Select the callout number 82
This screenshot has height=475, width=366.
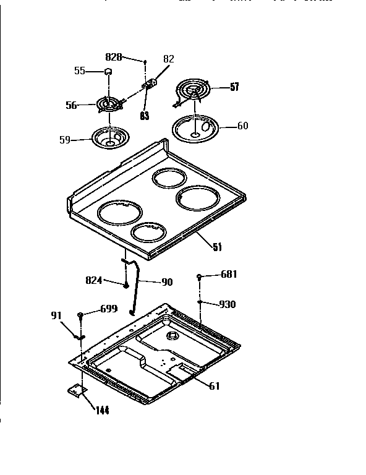point(168,59)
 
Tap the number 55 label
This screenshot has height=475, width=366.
point(80,71)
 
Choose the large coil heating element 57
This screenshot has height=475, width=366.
point(195,90)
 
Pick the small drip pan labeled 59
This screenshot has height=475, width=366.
point(109,137)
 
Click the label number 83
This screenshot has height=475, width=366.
point(144,114)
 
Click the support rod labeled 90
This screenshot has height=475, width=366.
point(133,288)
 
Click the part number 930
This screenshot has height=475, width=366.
point(227,304)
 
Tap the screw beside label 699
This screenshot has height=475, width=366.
point(81,316)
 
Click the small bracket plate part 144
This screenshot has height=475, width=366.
point(76,390)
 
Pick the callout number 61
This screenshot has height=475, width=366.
point(213,387)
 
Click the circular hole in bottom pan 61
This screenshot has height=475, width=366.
point(171,338)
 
